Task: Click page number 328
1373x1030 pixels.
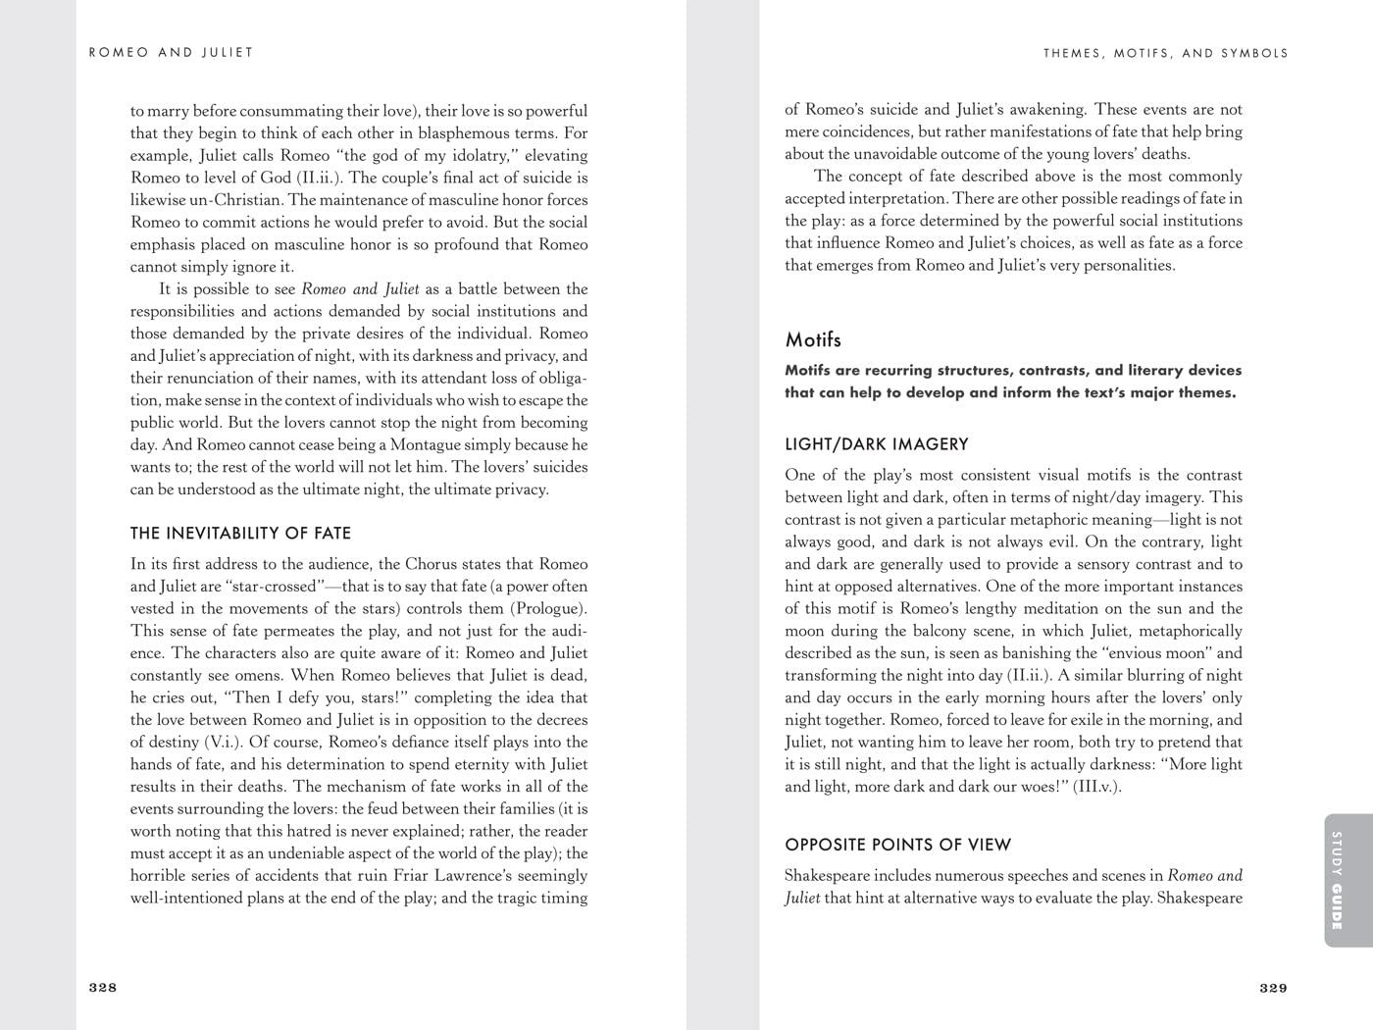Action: tap(103, 988)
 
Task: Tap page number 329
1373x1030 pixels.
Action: tap(1273, 988)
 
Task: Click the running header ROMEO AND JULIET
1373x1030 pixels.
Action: tap(171, 53)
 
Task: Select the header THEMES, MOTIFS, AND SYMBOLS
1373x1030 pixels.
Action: tap(1166, 53)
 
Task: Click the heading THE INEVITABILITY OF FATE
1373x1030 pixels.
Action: tap(240, 534)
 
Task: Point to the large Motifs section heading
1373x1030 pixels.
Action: tap(813, 340)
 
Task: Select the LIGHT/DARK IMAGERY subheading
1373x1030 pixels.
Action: tap(877, 444)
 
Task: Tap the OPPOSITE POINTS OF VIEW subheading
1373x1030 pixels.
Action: tap(897, 845)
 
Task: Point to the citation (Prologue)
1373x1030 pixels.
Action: tap(550, 608)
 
